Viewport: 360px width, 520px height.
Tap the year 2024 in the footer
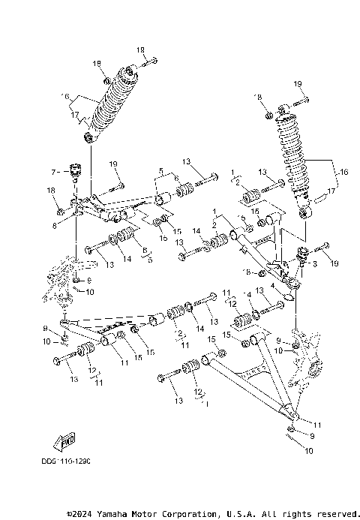[80, 513]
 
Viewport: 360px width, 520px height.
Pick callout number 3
[315, 265]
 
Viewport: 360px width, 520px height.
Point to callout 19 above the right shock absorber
[297, 83]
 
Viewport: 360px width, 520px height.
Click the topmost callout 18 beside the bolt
[140, 50]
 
